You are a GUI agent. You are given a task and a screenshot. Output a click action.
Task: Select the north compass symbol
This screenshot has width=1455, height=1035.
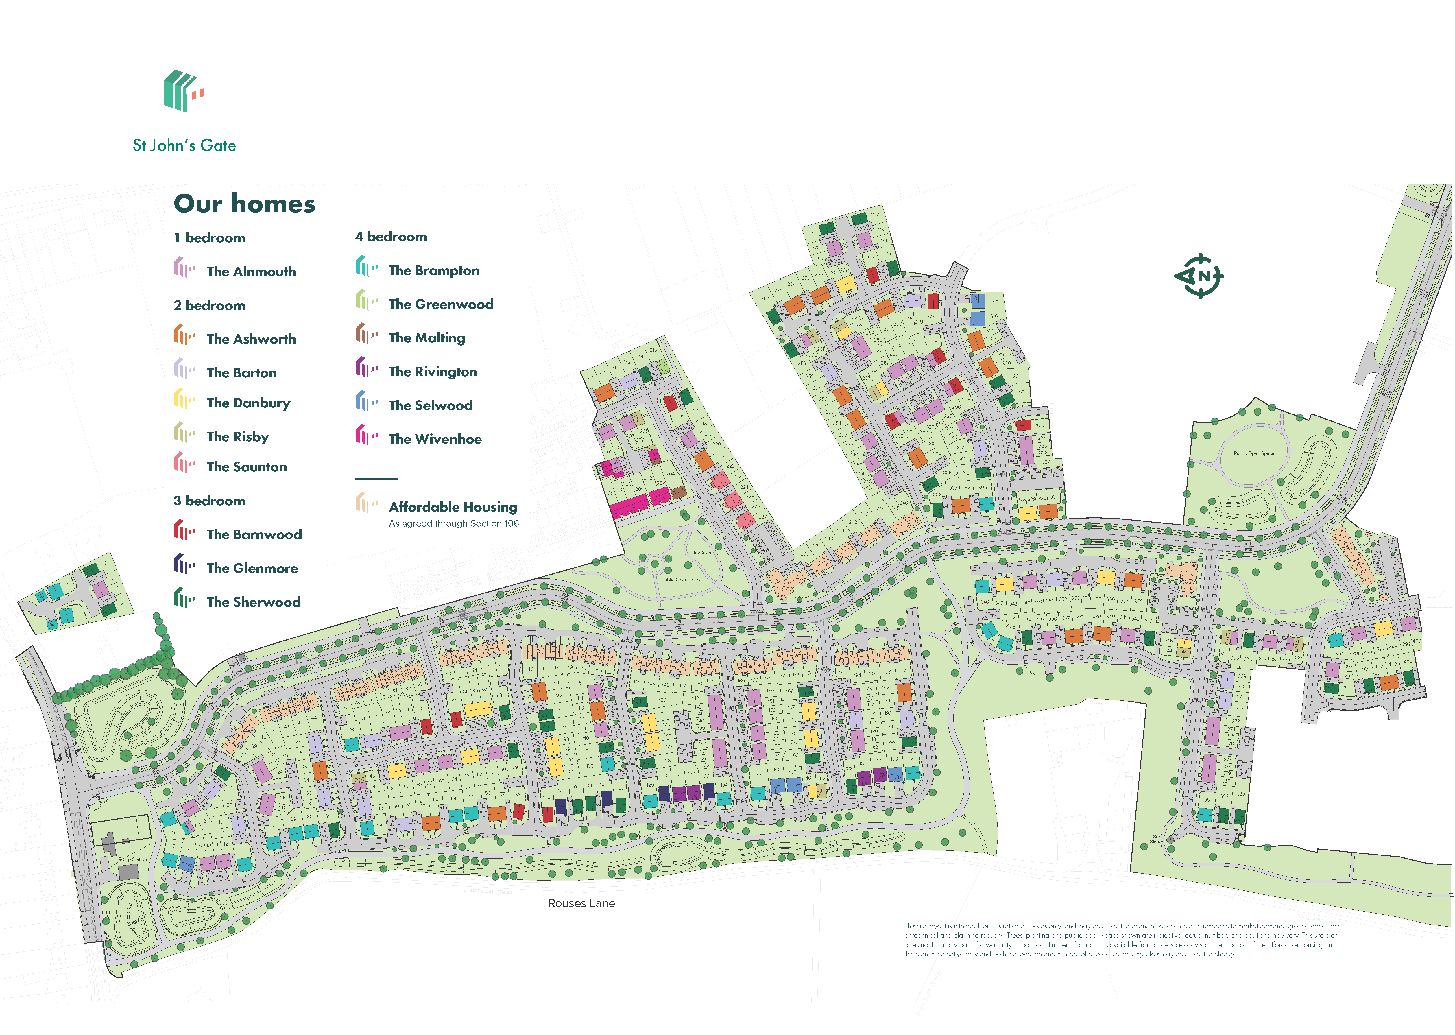(x=1200, y=276)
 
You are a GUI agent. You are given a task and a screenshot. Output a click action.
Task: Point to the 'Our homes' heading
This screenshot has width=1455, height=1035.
(x=245, y=204)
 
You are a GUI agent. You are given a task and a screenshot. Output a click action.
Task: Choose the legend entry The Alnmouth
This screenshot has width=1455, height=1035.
(x=251, y=272)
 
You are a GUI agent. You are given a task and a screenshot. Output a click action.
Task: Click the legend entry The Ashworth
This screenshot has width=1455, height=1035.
(x=251, y=339)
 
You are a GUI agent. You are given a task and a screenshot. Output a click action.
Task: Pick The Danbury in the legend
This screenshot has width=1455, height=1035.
(x=248, y=403)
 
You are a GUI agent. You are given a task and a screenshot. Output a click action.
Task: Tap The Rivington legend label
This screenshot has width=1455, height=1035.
(x=433, y=372)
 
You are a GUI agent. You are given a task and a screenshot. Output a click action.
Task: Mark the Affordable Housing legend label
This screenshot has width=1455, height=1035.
(x=453, y=507)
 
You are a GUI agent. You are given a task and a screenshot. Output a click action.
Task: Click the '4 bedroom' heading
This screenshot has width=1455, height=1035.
(x=391, y=237)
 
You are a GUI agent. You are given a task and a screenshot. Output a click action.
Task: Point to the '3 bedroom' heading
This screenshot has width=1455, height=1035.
(x=209, y=501)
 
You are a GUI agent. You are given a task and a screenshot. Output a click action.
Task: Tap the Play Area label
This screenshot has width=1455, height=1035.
(x=701, y=553)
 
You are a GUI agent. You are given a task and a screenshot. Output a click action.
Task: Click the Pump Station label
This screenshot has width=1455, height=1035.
(x=132, y=859)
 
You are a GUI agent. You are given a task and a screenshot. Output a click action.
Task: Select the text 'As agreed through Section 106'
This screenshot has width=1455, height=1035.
(x=454, y=523)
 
